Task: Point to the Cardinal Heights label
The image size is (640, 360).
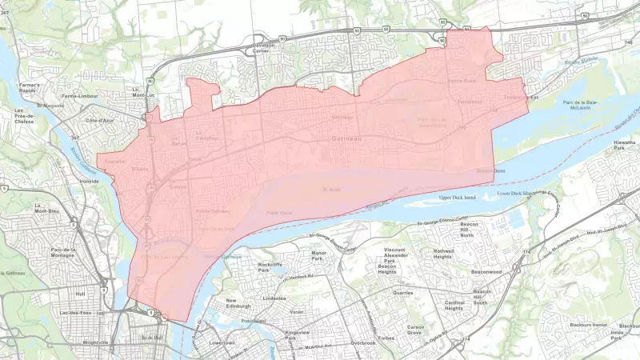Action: click(x=454, y=306)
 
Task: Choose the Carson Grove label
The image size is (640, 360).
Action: click(x=415, y=330)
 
